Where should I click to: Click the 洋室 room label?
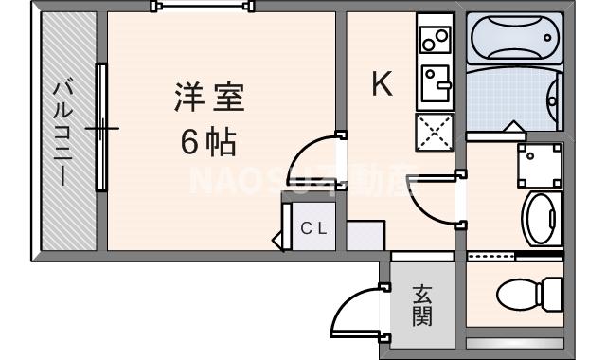point(209,97)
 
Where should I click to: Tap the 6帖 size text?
point(208,142)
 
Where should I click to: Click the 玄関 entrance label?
point(421,306)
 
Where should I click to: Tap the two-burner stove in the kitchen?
point(435,39)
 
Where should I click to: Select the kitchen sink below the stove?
point(435,83)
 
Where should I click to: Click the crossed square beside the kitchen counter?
point(435,131)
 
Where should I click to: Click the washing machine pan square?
point(539,166)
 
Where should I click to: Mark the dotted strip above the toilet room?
point(491,256)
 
